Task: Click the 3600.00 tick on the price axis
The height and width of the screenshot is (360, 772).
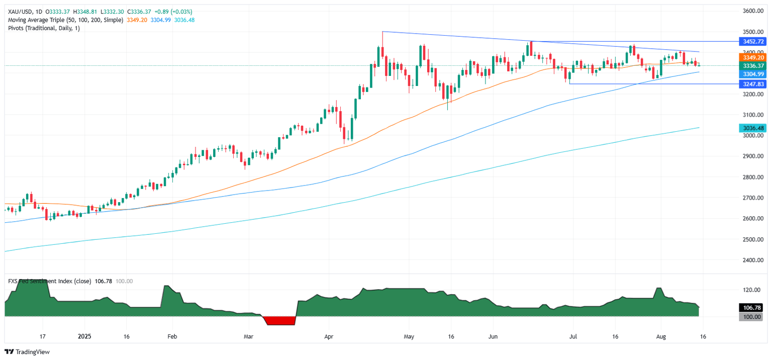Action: [753, 11]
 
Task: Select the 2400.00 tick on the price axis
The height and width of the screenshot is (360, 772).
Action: [753, 260]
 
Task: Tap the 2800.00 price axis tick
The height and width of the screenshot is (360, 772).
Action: [753, 177]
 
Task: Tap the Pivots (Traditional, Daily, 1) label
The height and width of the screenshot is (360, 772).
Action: [44, 28]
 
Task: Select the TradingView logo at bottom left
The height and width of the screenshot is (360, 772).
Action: [27, 352]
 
